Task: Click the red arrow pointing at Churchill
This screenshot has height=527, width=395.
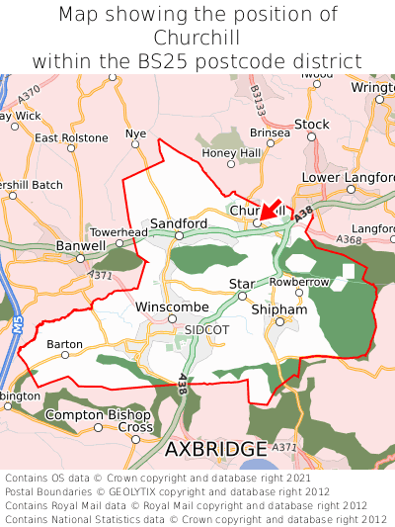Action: pos(270,210)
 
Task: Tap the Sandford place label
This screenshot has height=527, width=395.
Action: pos(178,223)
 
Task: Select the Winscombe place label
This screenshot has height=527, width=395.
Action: pos(172,307)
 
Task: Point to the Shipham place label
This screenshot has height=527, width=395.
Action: pos(279,309)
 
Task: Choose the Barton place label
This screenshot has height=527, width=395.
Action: pos(64,344)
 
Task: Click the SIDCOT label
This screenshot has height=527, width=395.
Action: pos(206,329)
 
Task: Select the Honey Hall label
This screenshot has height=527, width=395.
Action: pos(230,153)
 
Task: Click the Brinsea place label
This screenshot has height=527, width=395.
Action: pos(270,132)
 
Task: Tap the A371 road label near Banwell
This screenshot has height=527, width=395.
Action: pos(101,275)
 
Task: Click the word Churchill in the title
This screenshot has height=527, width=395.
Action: pos(197,38)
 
